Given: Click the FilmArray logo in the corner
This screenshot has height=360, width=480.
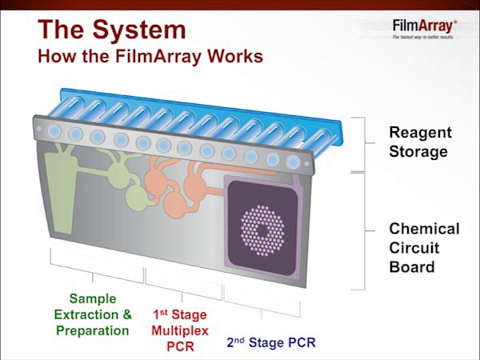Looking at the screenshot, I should (424, 26).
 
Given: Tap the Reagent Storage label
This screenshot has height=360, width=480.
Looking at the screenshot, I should (420, 142).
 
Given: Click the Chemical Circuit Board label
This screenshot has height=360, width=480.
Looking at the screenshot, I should (424, 248).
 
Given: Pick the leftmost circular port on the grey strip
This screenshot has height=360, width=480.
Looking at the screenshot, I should (54, 130).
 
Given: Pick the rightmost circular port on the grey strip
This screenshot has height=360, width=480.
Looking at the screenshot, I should (294, 162).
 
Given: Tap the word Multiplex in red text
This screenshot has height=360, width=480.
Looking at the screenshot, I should (179, 329).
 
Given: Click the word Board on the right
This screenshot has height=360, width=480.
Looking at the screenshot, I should (411, 267).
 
